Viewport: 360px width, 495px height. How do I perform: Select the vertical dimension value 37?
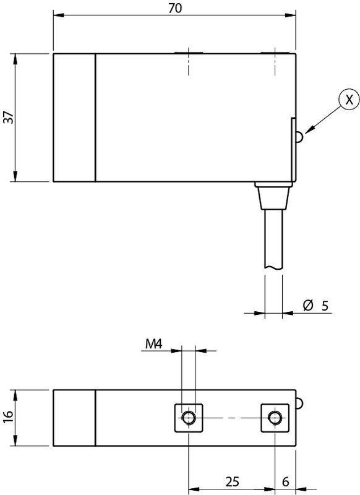(x=7, y=118)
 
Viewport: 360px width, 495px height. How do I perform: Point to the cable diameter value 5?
(x=324, y=305)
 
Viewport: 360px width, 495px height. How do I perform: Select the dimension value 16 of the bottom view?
(x=7, y=418)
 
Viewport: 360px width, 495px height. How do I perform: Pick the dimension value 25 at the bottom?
(x=233, y=481)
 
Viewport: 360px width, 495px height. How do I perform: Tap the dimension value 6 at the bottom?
(x=285, y=481)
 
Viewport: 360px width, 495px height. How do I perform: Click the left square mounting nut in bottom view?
(x=187, y=418)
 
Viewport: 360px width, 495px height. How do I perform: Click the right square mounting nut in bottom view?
(x=273, y=418)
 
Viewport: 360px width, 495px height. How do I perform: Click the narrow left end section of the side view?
(x=74, y=118)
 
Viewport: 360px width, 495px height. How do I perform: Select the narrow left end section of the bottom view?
(x=74, y=418)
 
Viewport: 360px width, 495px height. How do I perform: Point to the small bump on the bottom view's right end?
(x=300, y=403)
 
